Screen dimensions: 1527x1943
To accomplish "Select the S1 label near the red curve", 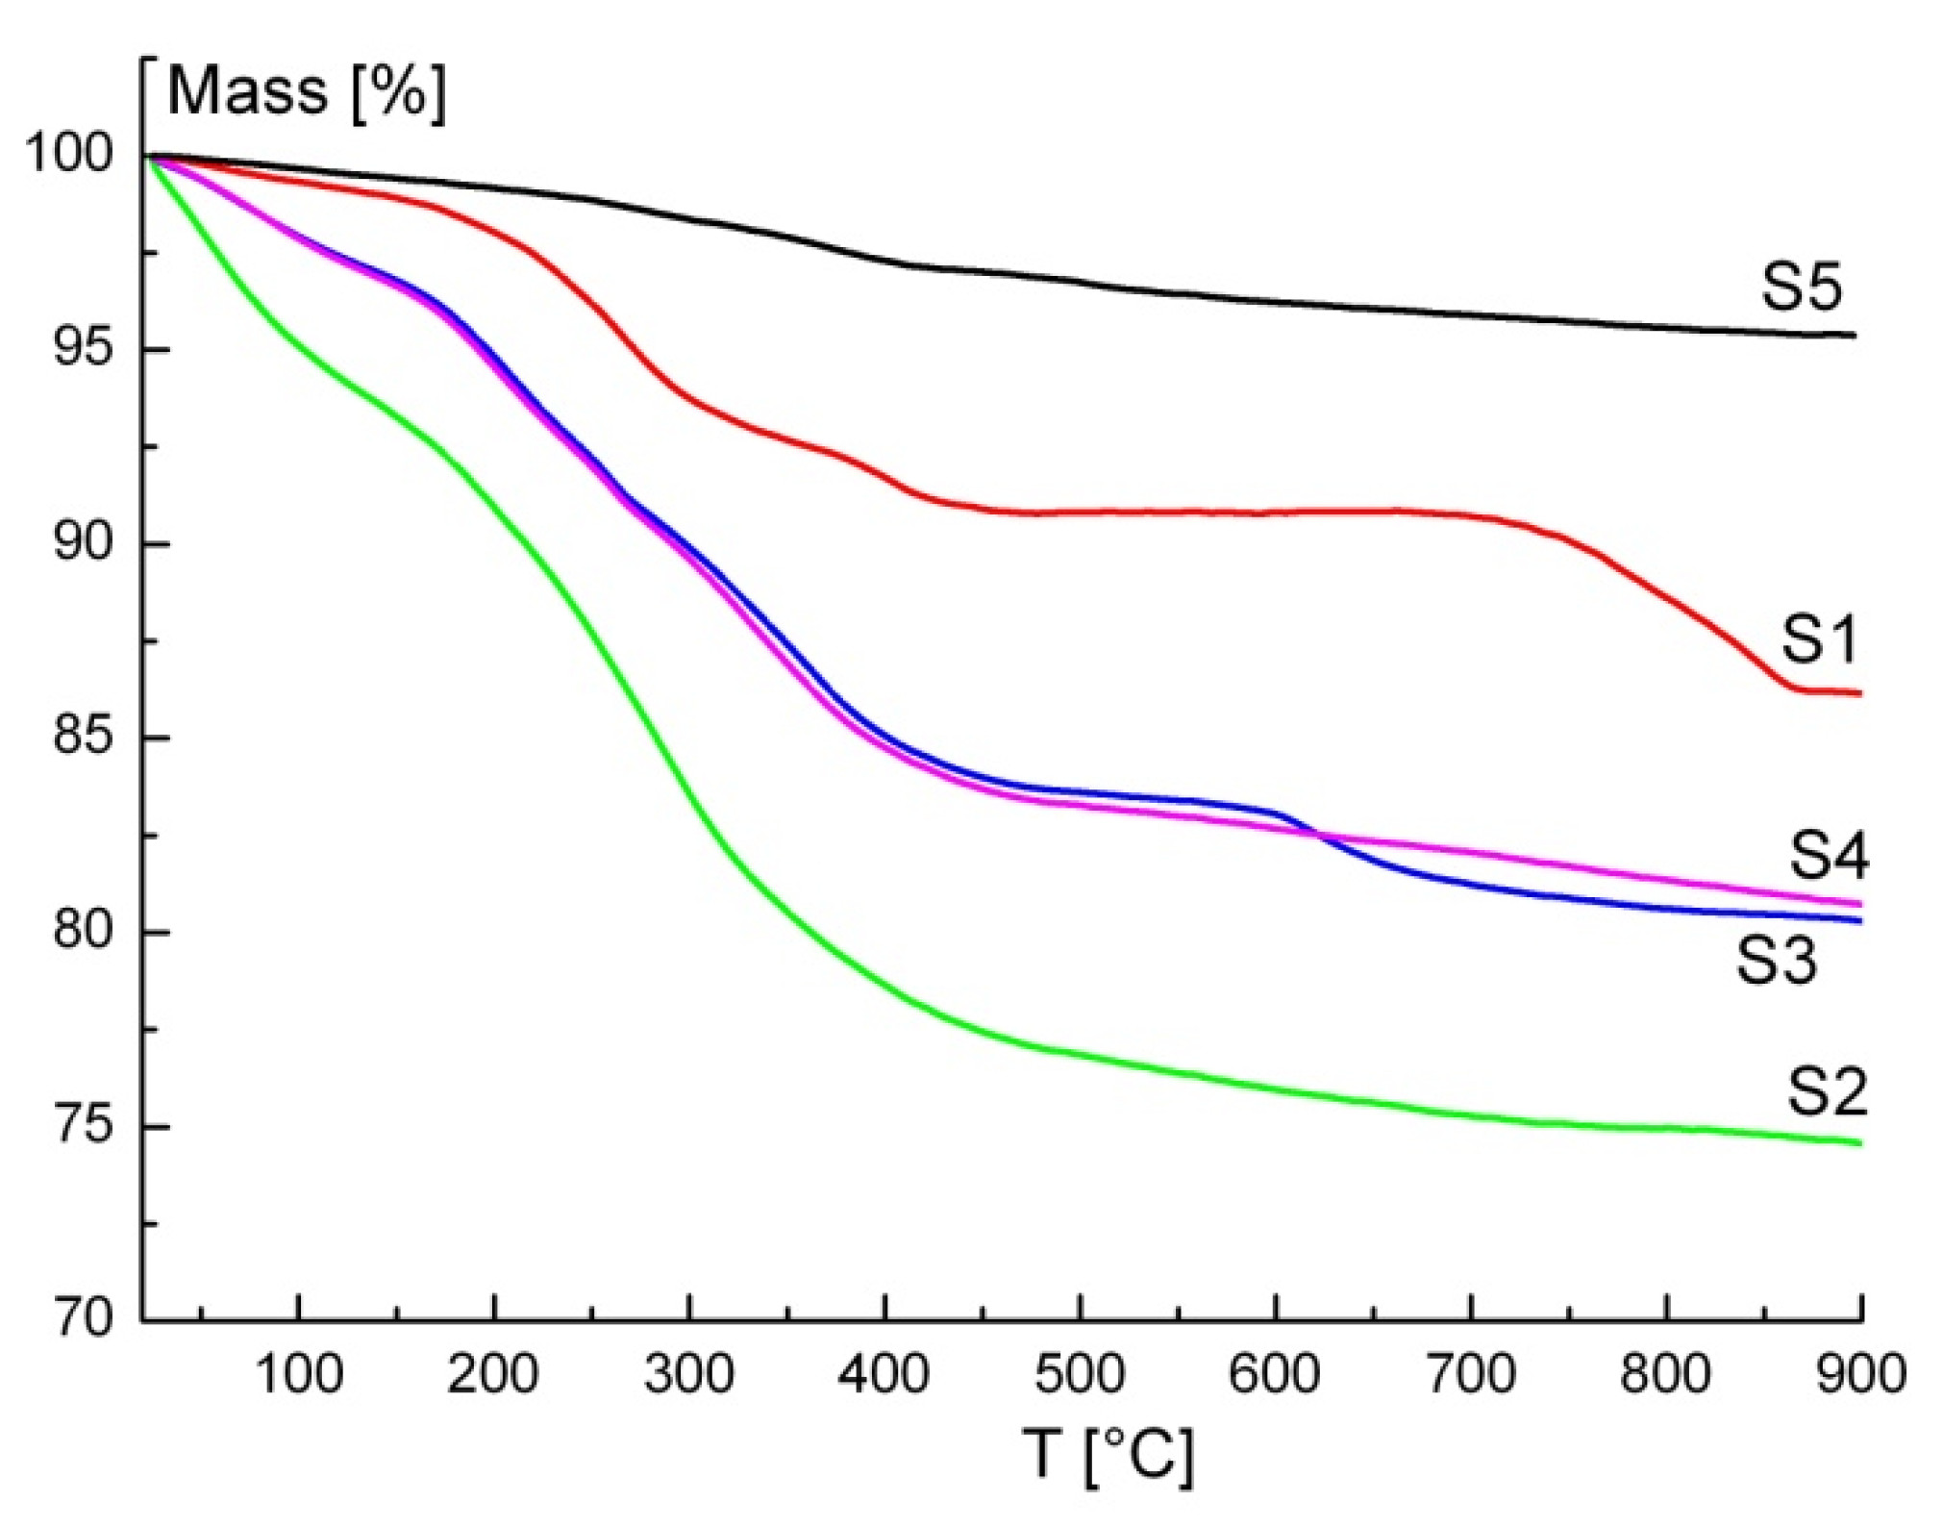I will click(1818, 638).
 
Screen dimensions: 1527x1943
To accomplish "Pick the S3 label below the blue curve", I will click(1777, 960).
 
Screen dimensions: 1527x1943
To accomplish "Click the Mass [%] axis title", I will click(307, 92).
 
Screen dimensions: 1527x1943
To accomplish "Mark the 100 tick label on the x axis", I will click(298, 1373).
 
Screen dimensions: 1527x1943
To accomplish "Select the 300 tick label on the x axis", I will click(688, 1373).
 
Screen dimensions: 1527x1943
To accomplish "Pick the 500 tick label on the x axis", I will click(1080, 1373).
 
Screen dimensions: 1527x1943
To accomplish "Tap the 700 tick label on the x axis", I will click(1470, 1373).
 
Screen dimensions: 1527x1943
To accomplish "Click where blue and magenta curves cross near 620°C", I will click(1318, 834).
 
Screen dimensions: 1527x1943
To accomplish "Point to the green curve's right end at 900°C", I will click(1859, 1142).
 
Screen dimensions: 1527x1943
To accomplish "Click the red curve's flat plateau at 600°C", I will click(1275, 512).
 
